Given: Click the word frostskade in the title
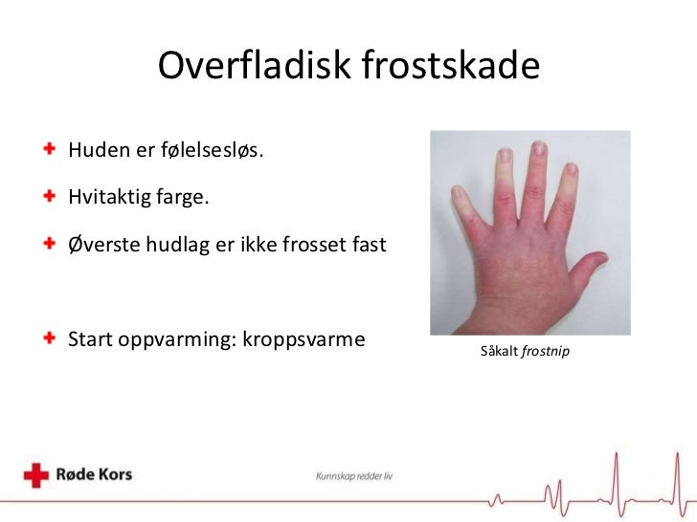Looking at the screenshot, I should pyautogui.click(x=452, y=66).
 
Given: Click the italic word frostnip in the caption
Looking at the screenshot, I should pyautogui.click(x=549, y=353).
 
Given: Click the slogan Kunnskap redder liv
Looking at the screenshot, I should pyautogui.click(x=354, y=476).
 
